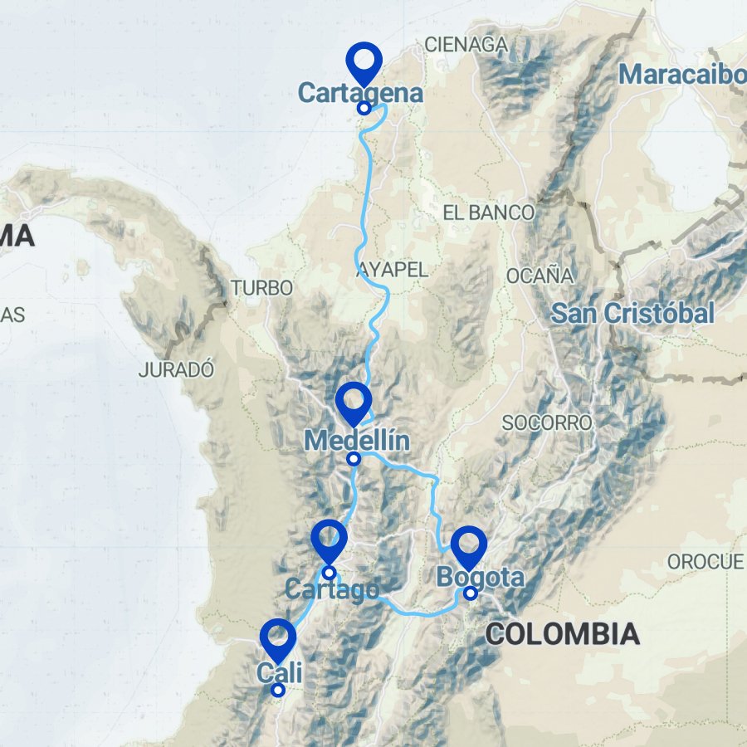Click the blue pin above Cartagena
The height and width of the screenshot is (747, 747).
[x=364, y=60]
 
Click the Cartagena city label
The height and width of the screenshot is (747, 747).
[x=360, y=93]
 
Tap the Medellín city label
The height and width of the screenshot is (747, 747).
[x=357, y=440]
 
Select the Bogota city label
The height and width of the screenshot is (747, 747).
[x=481, y=577]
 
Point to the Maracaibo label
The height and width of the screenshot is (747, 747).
[x=682, y=75]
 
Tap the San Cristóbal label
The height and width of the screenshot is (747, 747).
[x=632, y=314]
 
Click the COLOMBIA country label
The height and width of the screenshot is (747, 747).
[x=562, y=635]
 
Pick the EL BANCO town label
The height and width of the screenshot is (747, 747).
[x=489, y=212]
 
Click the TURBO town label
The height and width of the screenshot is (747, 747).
[x=261, y=288]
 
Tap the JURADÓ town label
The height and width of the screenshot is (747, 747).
[x=177, y=370]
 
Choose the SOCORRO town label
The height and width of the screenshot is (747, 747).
[x=547, y=423]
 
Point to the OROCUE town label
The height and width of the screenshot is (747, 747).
[x=705, y=562]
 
